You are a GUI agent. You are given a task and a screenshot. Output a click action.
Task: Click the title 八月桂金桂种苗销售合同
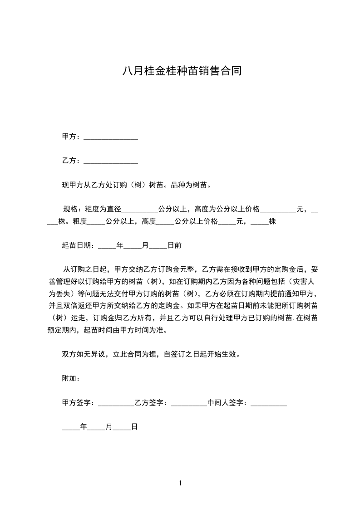(180, 71)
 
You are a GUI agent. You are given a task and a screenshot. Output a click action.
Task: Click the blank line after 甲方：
(111, 137)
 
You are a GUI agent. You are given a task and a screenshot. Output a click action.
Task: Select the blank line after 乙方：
(111, 161)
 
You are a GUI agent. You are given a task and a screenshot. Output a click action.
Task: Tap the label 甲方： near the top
(71, 137)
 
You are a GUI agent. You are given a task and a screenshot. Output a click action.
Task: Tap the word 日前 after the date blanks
(175, 245)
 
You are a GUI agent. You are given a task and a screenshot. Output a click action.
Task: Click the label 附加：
(71, 378)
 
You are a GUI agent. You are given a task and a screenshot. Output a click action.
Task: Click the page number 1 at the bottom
(180, 483)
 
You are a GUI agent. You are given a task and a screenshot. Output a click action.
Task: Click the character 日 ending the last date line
(134, 427)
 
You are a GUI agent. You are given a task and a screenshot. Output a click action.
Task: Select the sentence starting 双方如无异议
(150, 354)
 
